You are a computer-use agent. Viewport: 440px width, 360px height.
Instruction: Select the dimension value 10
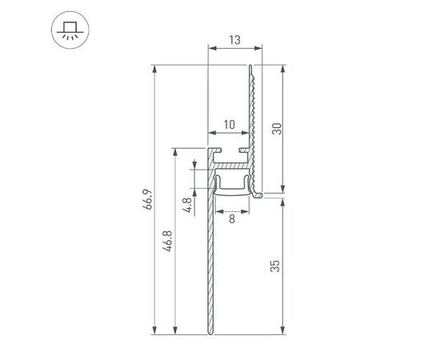point(230,124)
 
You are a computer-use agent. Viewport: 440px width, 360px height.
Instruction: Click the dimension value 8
point(231,219)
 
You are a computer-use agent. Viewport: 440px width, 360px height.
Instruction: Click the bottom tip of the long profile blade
point(210,334)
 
